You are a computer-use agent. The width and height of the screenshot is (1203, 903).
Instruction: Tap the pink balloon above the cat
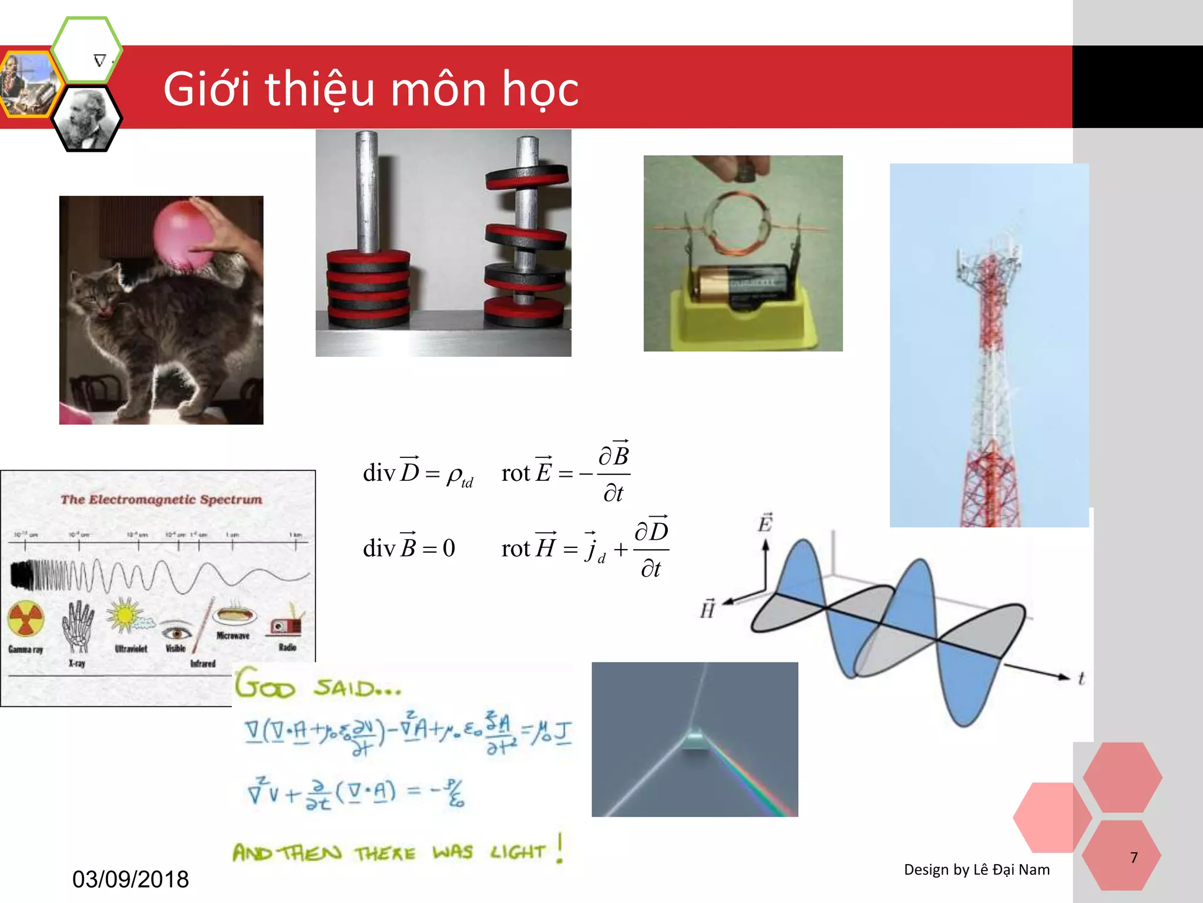[183, 234]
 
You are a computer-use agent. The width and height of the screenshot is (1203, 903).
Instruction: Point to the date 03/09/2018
[130, 879]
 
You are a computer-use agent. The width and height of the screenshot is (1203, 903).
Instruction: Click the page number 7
[1134, 857]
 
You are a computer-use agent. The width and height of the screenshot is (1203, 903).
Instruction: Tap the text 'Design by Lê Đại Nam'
[976, 869]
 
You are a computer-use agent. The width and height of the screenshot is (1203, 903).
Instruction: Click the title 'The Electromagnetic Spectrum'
[161, 500]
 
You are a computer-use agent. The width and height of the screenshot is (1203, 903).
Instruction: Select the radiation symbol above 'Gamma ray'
[26, 619]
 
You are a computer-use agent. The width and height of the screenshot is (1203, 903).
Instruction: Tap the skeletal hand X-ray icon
[78, 626]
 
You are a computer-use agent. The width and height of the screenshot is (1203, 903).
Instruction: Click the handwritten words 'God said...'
[318, 685]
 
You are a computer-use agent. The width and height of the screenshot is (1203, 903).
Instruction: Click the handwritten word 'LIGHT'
[518, 851]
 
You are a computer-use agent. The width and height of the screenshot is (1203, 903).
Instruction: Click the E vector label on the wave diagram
[765, 523]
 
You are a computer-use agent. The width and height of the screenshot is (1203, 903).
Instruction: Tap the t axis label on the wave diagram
[1081, 678]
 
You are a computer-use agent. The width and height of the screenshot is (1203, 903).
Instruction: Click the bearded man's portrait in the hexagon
[86, 119]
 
